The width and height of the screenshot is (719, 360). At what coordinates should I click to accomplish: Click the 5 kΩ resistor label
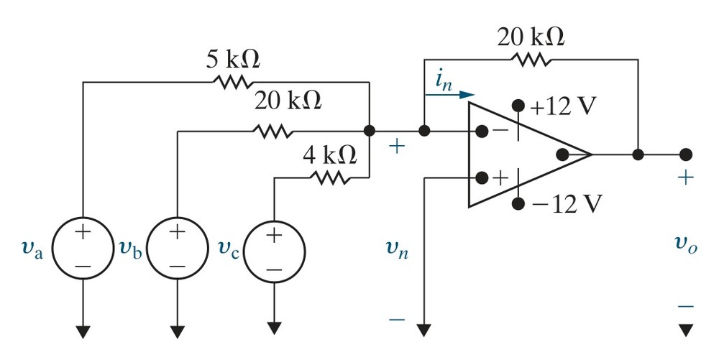click(232, 59)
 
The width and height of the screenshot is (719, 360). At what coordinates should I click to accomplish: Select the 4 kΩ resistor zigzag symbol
click(329, 177)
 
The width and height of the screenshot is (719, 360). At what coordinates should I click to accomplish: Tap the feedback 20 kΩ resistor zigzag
click(531, 60)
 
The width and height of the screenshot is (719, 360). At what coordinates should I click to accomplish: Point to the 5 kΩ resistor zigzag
click(232, 83)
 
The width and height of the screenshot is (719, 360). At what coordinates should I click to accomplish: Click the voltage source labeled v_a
click(83, 248)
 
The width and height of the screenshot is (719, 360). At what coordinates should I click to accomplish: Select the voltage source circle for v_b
click(177, 248)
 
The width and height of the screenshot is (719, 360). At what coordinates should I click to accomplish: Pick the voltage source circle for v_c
click(274, 252)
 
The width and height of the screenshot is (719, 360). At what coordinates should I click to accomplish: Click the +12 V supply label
click(563, 107)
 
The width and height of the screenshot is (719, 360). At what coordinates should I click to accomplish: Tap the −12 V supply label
click(565, 204)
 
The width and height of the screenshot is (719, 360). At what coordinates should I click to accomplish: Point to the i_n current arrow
click(449, 95)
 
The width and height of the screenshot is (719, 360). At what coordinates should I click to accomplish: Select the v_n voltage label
click(397, 249)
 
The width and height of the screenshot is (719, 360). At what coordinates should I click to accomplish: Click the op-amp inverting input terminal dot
click(482, 131)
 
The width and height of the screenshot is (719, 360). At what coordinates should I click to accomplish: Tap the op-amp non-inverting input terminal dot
click(482, 177)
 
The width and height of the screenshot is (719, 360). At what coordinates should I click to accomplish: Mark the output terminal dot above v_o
click(685, 154)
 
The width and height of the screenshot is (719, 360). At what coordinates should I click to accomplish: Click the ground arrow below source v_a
click(83, 331)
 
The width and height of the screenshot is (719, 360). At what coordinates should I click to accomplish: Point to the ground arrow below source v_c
click(274, 328)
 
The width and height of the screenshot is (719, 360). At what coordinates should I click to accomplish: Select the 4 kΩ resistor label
click(330, 155)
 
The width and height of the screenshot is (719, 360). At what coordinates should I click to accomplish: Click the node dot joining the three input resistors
click(369, 131)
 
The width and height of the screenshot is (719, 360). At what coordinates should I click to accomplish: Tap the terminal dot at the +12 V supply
click(518, 106)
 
